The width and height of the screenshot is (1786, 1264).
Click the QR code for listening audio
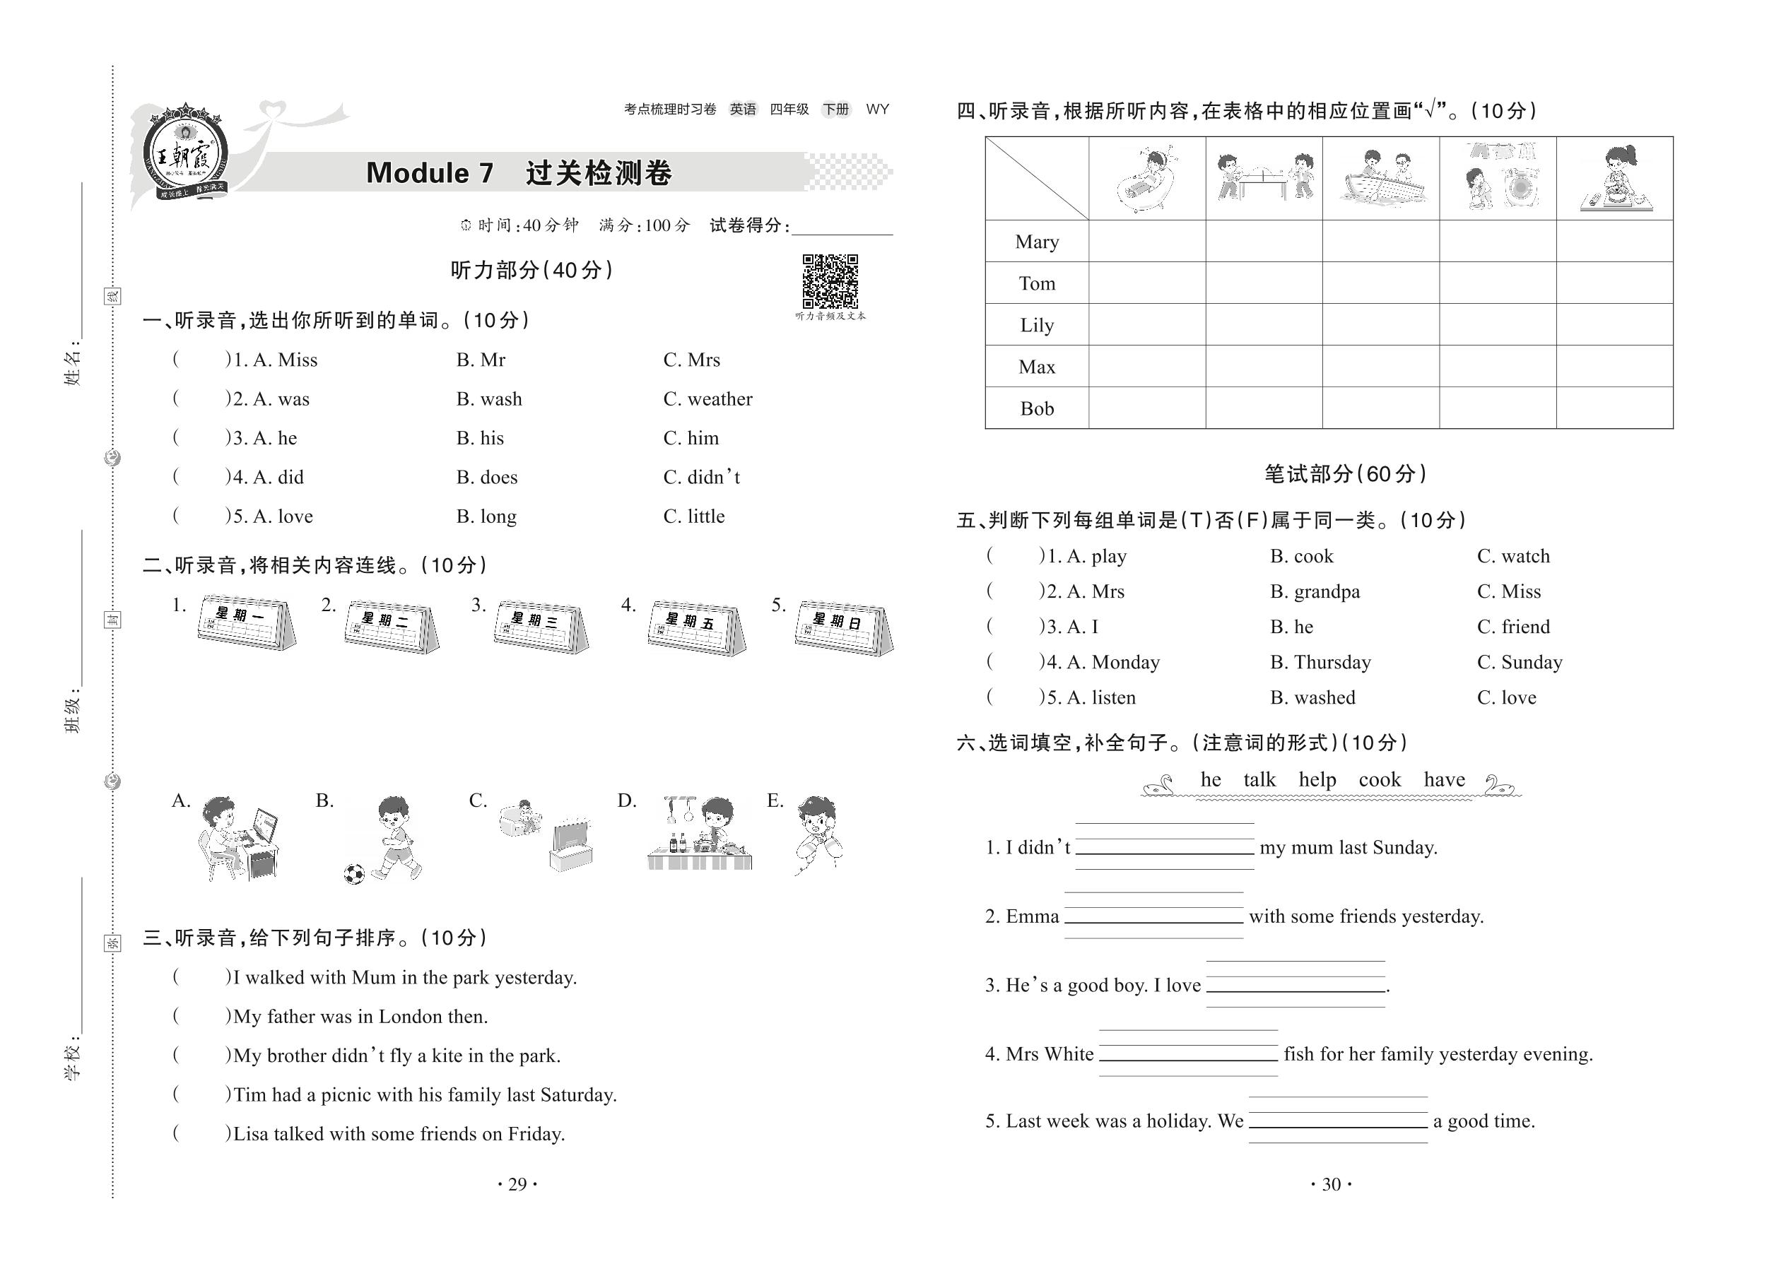click(x=830, y=281)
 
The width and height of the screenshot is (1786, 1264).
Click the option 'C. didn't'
click(x=702, y=477)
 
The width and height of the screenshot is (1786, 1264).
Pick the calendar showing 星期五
click(x=695, y=627)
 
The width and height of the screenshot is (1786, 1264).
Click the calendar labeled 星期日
click(x=843, y=627)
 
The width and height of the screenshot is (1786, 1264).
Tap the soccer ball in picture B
click(x=354, y=873)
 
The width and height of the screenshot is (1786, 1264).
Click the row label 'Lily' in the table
click(x=1036, y=325)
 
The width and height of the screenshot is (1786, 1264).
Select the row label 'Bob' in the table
click(x=1036, y=408)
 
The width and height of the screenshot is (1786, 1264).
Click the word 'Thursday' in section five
click(x=1332, y=662)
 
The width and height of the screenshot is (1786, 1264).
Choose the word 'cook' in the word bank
click(x=1379, y=780)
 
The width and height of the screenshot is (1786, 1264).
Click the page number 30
click(x=1332, y=1185)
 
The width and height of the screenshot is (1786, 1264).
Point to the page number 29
click(x=517, y=1185)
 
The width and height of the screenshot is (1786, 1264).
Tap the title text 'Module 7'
click(x=430, y=173)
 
